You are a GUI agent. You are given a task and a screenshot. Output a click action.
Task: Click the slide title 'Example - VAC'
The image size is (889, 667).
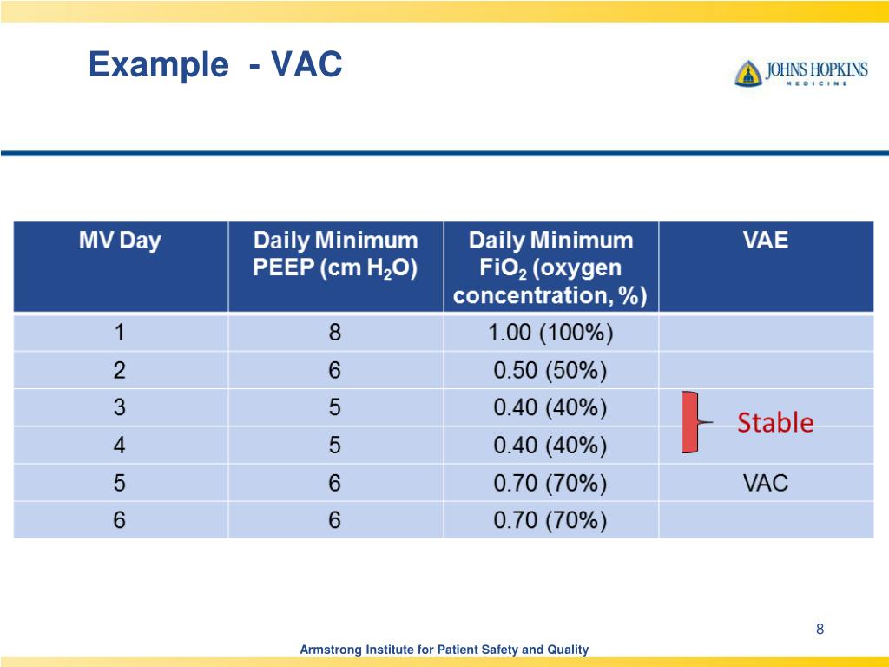coord(215,65)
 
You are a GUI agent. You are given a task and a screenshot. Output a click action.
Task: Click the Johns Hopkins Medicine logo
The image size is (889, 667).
coord(800,73)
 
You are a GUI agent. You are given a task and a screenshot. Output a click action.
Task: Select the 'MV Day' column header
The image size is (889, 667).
coord(120,241)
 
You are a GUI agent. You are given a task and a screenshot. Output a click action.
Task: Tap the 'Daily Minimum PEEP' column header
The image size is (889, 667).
coord(335,254)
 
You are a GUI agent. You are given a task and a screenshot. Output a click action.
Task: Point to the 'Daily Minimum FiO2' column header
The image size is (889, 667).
coord(550,267)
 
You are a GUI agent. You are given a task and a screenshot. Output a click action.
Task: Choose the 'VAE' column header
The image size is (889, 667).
coord(766,241)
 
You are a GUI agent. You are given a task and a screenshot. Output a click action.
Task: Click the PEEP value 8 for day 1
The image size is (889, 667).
coord(335,333)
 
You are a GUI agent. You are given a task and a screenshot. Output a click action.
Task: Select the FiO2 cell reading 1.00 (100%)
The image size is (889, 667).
coord(550,333)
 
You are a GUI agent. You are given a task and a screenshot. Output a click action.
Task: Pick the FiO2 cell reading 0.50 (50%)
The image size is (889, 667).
coord(550,371)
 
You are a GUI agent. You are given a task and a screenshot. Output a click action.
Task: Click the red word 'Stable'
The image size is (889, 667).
coord(775,423)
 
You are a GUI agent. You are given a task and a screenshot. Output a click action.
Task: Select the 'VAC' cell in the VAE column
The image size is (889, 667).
coord(766,483)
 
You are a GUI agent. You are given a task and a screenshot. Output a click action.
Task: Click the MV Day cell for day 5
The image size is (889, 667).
coord(120,483)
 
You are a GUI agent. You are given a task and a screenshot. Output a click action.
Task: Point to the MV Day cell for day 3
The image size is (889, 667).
coord(120,408)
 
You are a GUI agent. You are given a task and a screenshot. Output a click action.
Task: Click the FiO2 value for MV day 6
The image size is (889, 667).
coord(550,520)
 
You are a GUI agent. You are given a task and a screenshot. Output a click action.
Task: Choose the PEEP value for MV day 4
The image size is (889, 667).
coord(335,446)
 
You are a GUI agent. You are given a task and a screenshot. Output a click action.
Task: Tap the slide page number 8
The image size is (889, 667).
coord(819,630)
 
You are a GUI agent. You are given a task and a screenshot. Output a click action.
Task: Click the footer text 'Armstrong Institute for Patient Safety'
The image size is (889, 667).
coord(444,650)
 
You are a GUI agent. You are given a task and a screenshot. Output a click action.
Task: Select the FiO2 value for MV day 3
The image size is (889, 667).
coord(550,408)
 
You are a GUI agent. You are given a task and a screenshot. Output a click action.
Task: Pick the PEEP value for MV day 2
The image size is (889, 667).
coord(335,371)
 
